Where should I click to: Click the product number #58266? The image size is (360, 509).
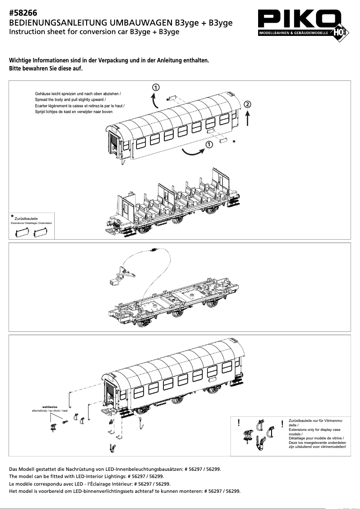coord(23,13)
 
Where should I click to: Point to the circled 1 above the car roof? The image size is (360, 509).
coord(155,87)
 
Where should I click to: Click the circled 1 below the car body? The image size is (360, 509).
coord(209,144)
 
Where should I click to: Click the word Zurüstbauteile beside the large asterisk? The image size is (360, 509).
coord(26,219)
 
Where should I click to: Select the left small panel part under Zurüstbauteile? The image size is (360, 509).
coord(22,232)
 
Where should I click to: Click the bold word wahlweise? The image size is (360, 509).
coord(49,407)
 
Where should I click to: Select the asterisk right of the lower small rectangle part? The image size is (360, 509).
coord(234,142)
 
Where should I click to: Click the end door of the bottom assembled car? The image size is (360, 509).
coord(110,392)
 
